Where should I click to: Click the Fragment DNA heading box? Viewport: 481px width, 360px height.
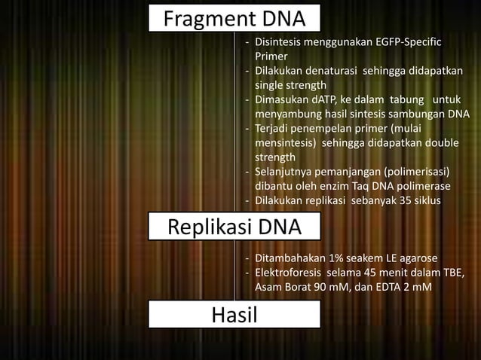[x=234, y=17]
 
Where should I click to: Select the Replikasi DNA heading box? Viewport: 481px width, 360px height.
[x=234, y=227]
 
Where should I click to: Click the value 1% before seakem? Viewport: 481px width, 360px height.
[x=331, y=258]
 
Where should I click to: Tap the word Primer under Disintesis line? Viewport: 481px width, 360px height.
[x=271, y=56]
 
